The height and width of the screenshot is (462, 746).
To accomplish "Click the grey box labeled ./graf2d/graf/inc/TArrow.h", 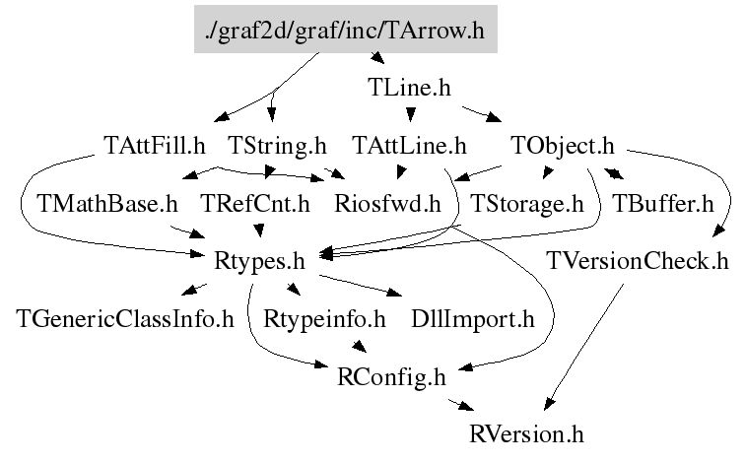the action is pos(345,29).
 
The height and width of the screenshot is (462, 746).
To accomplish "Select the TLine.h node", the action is pos(409,88).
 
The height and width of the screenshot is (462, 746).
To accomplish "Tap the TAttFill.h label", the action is pos(155,146).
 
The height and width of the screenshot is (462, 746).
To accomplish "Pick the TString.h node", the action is pos(277,146).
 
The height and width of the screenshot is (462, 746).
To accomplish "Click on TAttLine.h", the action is pos(409,146).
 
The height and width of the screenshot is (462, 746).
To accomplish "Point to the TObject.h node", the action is pos(563,146).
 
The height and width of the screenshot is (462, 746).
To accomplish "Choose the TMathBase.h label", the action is pos(107,204).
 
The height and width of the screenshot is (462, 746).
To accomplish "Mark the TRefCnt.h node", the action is pos(255,204).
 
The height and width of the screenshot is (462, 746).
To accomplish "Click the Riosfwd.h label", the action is pos(387,204).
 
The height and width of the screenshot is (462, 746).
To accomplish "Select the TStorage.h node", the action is pos(526,204).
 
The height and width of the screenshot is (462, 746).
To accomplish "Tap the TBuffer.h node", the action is pos(663,204).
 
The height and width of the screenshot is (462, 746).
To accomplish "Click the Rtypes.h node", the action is pos(259,261).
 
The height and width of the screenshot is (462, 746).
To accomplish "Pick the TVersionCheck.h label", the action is pos(638,261).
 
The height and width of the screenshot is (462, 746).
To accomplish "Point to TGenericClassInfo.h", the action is pos(125,319).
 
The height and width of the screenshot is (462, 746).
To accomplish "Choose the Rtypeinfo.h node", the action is pos(324,319).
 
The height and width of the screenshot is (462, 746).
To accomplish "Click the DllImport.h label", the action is pos(473,319).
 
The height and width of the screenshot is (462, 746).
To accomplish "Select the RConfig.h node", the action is pos(391,377).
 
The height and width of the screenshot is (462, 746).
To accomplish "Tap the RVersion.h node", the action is pos(526,434).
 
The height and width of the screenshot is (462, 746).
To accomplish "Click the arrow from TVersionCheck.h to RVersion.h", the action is pos(583,347).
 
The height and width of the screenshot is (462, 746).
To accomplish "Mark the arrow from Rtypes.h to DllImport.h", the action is pos(360,286).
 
